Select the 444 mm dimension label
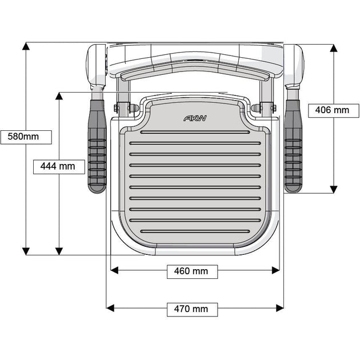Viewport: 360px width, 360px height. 58,166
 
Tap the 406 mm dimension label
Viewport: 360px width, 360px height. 329,110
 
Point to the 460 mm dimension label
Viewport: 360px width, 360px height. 192,271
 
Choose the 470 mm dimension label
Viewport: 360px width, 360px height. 192,309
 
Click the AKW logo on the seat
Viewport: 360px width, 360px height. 195,118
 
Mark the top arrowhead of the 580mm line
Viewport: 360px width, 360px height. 26,46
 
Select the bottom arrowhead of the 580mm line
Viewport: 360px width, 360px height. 26,251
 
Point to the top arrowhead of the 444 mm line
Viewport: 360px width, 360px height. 58,96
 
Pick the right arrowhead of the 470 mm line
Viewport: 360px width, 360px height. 279,308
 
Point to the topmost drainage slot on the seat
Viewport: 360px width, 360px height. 195,131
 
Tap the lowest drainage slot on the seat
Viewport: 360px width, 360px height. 195,231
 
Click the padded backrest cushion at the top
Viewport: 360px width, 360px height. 195,70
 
